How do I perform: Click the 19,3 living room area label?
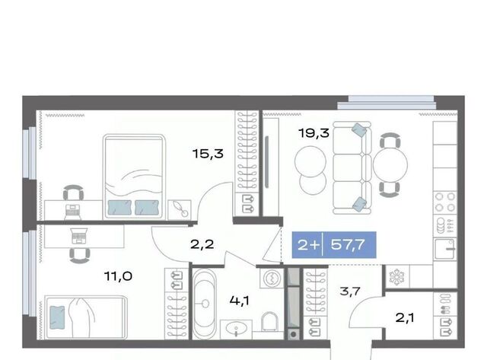click(x=314, y=133)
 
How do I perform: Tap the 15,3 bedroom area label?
click(x=208, y=154)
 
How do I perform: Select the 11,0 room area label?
click(x=119, y=276)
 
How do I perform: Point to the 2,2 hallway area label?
click(x=202, y=245)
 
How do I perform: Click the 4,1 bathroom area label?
click(x=240, y=301)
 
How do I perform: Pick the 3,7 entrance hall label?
click(x=350, y=292)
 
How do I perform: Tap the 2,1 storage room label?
click(x=405, y=317)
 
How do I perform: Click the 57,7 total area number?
click(x=348, y=245)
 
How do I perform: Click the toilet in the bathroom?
click(x=269, y=322)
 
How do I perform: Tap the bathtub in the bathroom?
click(x=204, y=303)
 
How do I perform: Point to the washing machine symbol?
click(x=272, y=278)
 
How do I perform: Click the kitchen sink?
click(x=444, y=249)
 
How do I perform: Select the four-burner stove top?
click(x=445, y=202)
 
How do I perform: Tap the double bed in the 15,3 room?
click(x=134, y=176)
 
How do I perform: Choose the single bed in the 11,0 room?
click(x=86, y=317)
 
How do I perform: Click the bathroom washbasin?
click(x=237, y=329)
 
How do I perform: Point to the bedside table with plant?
click(x=180, y=209)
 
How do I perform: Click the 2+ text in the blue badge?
click(x=308, y=245)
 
